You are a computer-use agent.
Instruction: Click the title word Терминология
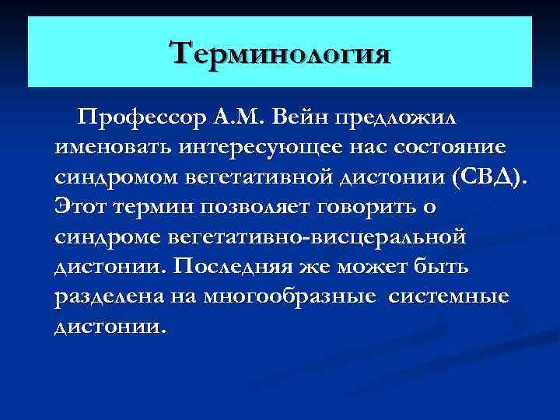[280, 54]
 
